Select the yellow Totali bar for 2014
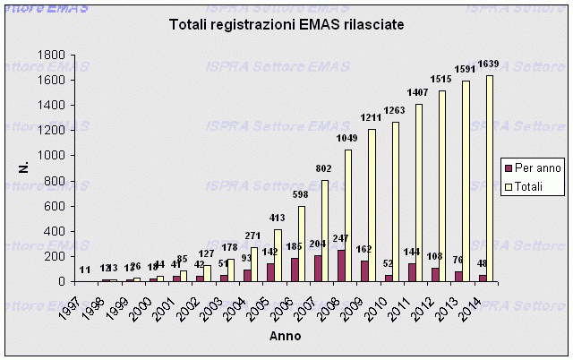(x=490, y=178)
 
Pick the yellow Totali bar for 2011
(x=419, y=193)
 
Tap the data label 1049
(x=346, y=141)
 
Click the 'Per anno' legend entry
(x=531, y=168)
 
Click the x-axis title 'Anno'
(x=286, y=337)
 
